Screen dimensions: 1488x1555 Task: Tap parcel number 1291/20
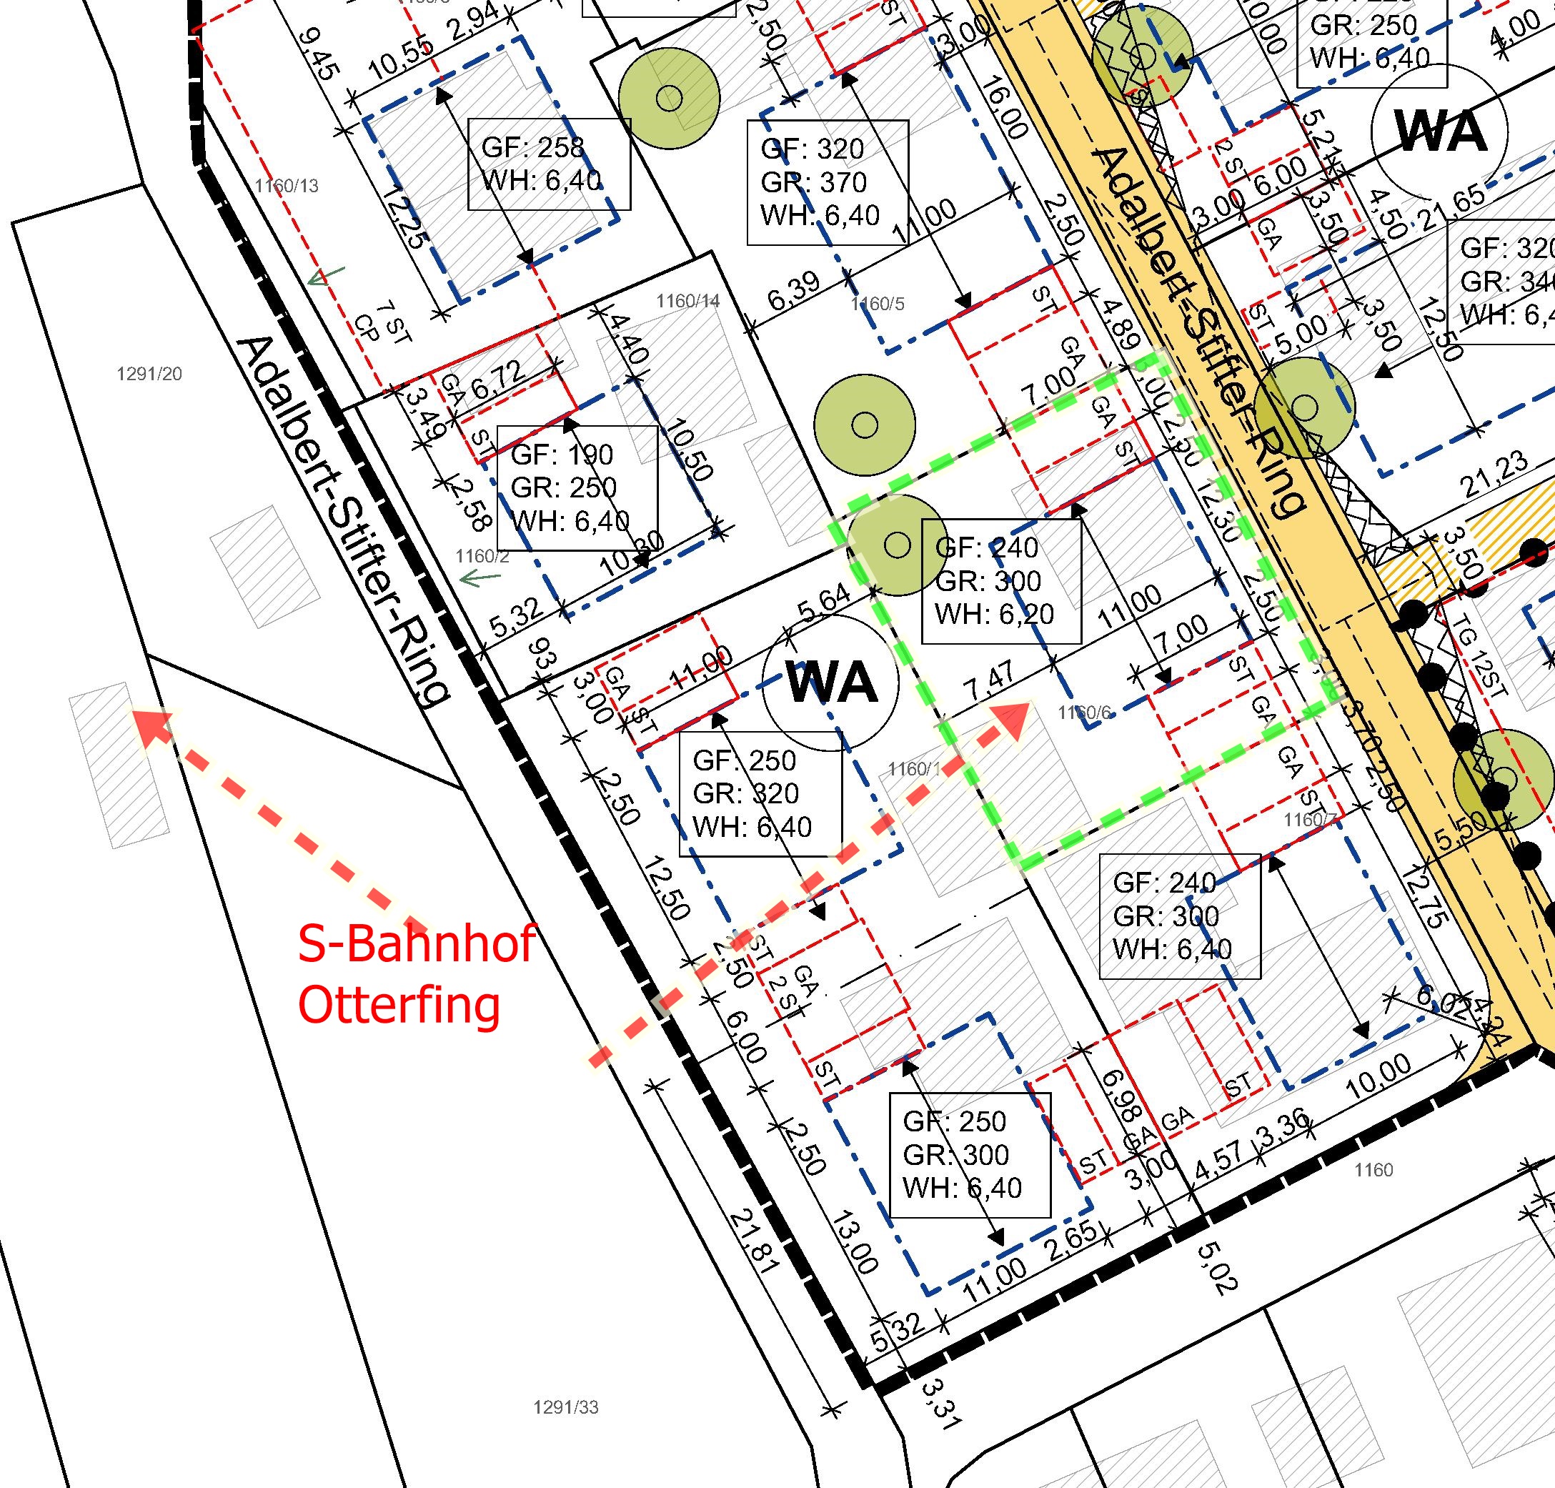[149, 374]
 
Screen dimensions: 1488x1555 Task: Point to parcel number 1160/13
[287, 187]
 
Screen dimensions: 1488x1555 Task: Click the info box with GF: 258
[549, 164]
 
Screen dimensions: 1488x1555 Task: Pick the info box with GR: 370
[826, 182]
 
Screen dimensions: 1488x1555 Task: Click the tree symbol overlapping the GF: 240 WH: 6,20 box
[897, 545]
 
